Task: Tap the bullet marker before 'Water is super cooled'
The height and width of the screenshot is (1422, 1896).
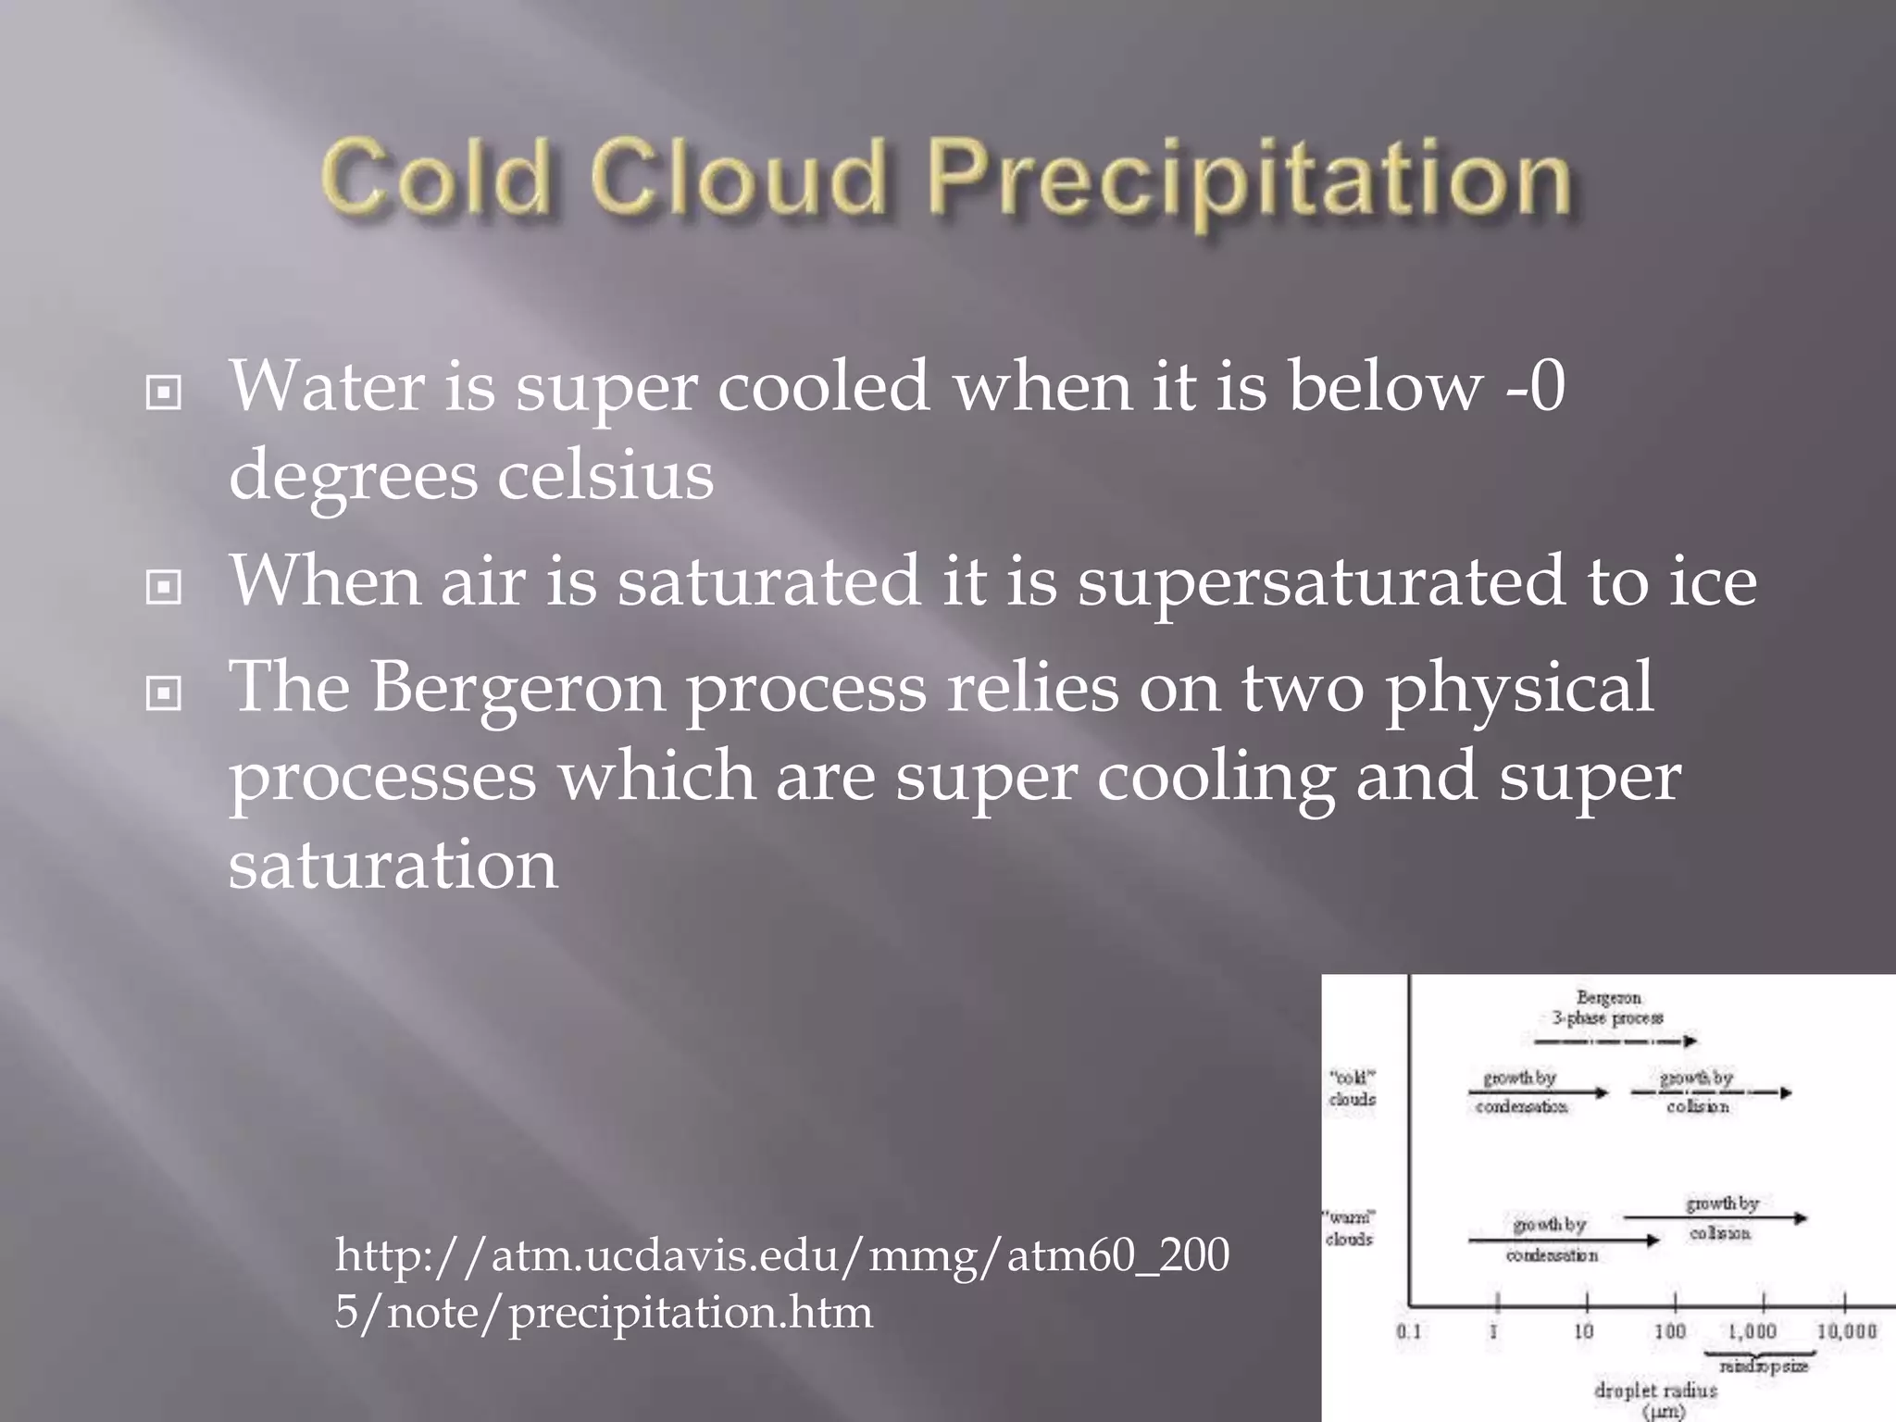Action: [x=164, y=394]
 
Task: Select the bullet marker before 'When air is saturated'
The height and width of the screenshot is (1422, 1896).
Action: [x=164, y=587]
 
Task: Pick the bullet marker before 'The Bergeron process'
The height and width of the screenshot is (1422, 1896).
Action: [x=164, y=692]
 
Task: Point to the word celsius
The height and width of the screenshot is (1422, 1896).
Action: [x=605, y=476]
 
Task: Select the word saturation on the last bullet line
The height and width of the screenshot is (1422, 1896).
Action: [x=393, y=865]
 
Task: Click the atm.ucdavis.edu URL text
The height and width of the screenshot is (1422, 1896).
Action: [x=782, y=1283]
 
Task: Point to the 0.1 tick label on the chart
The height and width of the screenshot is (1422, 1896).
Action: [x=1408, y=1331]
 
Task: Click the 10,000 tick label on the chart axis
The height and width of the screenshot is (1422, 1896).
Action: [x=1846, y=1331]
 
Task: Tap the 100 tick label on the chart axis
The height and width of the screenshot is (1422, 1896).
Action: [x=1670, y=1331]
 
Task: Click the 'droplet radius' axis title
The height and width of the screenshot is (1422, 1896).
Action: [x=1655, y=1391]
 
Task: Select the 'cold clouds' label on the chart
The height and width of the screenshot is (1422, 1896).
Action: [x=1352, y=1089]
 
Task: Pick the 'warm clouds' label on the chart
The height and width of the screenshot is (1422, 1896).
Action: [x=1350, y=1228]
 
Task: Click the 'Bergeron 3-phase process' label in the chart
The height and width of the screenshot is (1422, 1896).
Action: [x=1608, y=1008]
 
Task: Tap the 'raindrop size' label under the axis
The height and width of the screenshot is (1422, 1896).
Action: [x=1763, y=1366]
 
